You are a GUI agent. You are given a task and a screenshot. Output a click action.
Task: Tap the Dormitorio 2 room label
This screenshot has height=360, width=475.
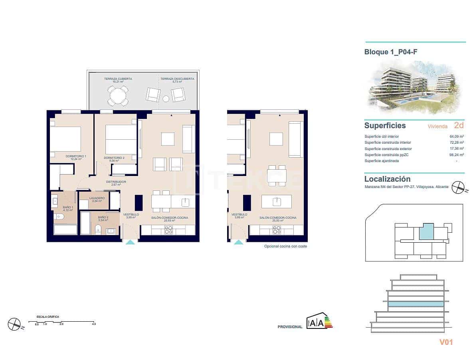114,158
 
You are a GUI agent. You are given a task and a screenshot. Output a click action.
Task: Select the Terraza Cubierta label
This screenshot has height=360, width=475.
118,79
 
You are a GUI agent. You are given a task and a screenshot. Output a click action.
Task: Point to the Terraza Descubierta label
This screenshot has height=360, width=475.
177,79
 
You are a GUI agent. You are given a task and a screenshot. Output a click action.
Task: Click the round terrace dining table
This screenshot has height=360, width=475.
118,95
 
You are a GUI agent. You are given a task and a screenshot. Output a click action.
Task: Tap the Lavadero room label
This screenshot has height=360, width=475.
97,198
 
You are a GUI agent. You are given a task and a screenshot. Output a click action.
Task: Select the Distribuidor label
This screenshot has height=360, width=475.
116,182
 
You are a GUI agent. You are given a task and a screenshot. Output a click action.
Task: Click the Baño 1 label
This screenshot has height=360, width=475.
68,208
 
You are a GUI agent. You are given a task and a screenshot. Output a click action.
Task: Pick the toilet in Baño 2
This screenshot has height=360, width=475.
98,229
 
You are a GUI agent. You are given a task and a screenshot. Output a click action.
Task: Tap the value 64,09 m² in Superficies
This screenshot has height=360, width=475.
456,136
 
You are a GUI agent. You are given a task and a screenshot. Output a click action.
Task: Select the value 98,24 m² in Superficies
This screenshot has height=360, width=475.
456,155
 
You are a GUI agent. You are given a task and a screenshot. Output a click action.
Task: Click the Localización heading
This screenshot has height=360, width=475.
387,179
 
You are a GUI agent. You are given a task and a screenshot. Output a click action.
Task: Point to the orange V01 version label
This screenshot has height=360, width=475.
446,342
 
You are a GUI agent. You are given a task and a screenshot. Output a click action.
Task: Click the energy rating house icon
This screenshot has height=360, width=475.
315,322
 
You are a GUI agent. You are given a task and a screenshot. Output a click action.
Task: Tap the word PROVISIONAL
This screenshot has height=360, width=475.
290,327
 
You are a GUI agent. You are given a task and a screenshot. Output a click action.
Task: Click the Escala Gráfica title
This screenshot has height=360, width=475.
48,316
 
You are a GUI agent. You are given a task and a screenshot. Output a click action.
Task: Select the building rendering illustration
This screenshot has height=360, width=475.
415,87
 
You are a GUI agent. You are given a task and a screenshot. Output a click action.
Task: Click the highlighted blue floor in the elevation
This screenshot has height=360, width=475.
416,304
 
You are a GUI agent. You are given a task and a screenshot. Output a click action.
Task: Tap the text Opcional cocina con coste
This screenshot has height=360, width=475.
285,246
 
